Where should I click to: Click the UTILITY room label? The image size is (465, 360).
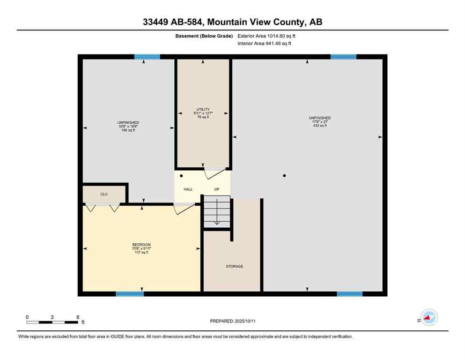point(203,109)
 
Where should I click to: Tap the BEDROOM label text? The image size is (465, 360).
point(141,245)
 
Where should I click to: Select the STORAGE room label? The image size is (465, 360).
point(234,266)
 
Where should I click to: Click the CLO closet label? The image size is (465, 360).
point(104,193)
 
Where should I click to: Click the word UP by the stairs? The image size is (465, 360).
point(217,189)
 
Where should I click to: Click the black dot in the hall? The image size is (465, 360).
point(181,176)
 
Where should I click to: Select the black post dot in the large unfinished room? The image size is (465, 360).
point(284,176)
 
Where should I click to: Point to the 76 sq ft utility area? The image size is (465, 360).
point(203,117)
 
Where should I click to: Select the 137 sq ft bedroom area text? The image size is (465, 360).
point(141,252)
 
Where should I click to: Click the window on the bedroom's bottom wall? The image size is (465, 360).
point(130,294)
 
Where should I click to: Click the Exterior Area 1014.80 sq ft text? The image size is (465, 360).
point(266,36)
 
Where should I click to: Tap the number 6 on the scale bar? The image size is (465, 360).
point(78,317)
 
